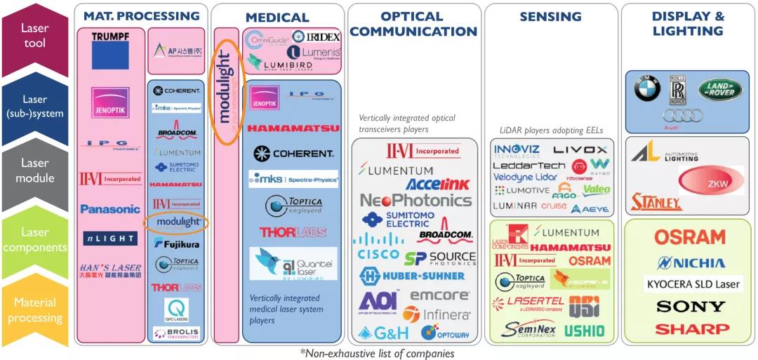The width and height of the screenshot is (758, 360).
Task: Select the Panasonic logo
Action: [110, 209]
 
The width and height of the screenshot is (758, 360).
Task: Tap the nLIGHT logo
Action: [110, 239]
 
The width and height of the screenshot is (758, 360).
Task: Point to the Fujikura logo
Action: [177, 243]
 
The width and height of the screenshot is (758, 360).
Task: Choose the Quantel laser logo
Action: [293, 265]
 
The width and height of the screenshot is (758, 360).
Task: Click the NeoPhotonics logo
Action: [415, 201]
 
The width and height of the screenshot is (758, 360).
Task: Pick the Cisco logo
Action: [378, 253]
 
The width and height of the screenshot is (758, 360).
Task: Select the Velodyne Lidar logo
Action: [526, 178]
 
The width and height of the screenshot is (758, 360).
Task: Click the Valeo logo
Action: [596, 190]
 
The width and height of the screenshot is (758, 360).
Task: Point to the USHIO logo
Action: [584, 331]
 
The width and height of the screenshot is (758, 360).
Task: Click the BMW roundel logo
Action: [647, 89]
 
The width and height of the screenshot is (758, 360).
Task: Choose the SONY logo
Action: [691, 307]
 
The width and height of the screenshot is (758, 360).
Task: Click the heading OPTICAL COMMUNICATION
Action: [413, 24]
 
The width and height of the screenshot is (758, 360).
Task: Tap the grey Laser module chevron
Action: [35, 171]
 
